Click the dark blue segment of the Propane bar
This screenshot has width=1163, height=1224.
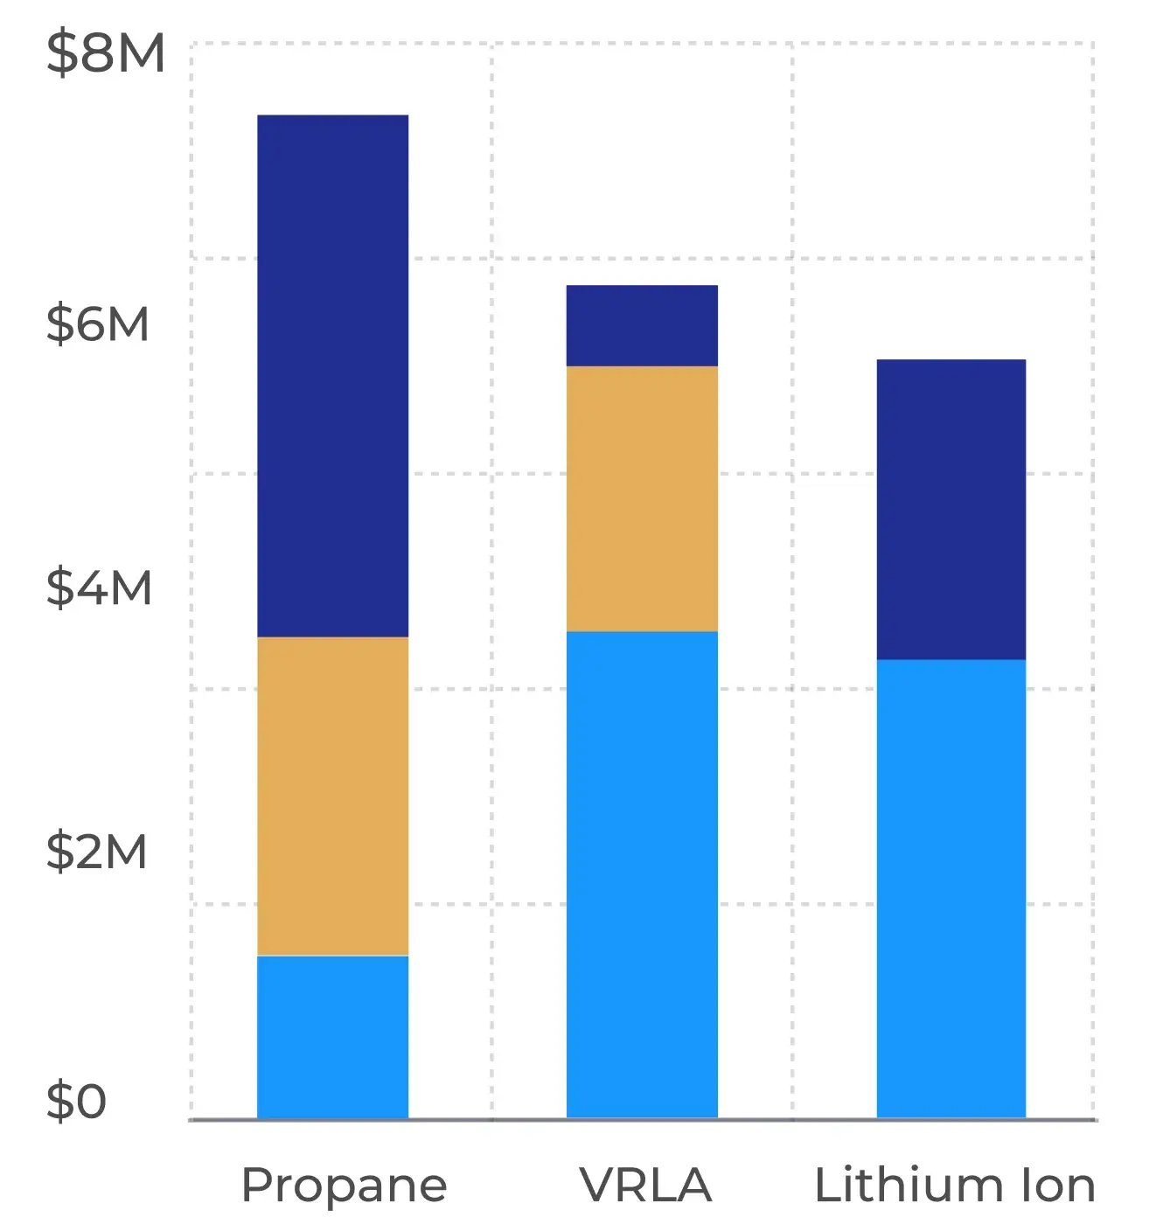pos(332,376)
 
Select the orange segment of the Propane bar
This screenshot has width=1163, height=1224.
pos(332,796)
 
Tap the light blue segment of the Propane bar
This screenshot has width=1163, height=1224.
pos(332,1037)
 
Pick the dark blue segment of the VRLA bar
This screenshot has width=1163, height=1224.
pos(642,325)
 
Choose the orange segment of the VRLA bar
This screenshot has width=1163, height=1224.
pos(642,498)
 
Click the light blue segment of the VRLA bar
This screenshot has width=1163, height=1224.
pos(642,874)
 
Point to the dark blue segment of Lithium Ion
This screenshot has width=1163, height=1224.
pos(951,509)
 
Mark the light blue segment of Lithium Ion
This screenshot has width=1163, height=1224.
pos(951,888)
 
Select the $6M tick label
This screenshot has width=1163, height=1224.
pos(98,323)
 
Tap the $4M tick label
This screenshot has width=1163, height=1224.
pos(99,587)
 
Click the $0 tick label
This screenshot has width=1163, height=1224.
pos(76,1101)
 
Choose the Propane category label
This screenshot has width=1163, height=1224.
pos(344,1186)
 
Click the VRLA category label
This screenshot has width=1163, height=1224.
pos(645,1186)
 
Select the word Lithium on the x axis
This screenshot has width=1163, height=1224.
pos(909,1186)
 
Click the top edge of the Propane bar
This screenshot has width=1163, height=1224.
pos(332,115)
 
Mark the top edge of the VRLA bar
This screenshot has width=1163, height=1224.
pos(642,286)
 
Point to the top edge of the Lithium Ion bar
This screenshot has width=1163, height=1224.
pos(951,360)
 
